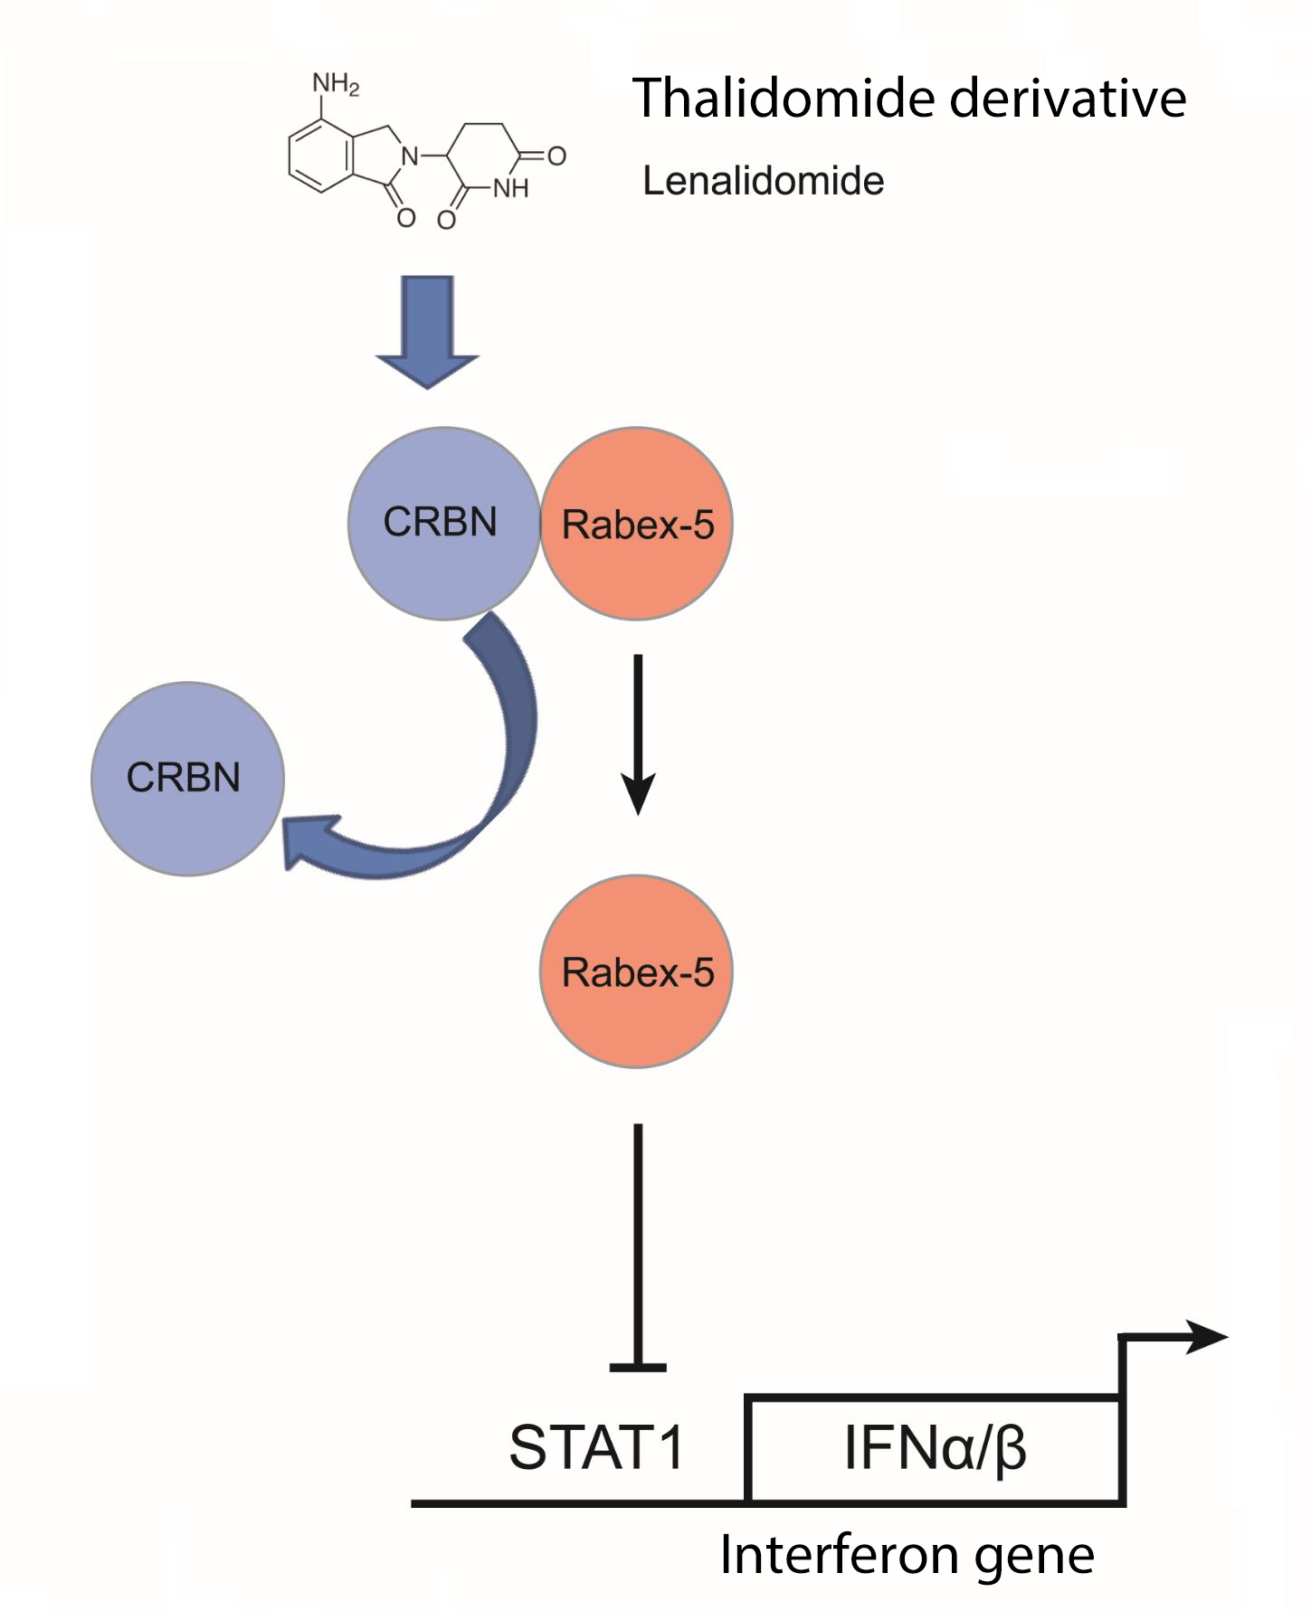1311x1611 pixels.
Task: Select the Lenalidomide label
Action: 763,181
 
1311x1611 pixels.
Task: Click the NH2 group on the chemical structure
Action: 336,84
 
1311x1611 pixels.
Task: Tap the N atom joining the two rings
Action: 410,156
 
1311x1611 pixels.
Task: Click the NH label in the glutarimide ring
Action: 510,189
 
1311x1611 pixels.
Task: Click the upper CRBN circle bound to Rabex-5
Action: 442,523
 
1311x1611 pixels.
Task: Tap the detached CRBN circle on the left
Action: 187,778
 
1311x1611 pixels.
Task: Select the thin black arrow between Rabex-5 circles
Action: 638,733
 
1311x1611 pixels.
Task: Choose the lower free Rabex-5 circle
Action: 637,971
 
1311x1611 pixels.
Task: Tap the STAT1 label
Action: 596,1447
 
